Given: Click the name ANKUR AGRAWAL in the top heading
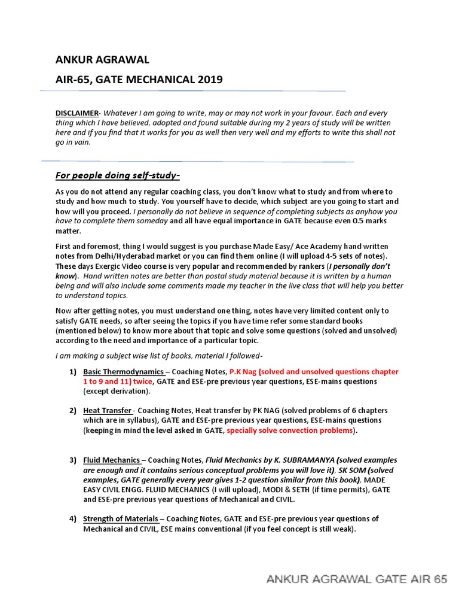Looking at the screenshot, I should pyautogui.click(x=102, y=59).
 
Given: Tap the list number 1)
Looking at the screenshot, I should pyautogui.click(x=72, y=372).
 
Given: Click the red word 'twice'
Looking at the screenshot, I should pyautogui.click(x=141, y=381).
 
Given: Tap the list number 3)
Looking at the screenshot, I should pyautogui.click(x=72, y=460).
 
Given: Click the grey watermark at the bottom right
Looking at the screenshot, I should pyautogui.click(x=356, y=579).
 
